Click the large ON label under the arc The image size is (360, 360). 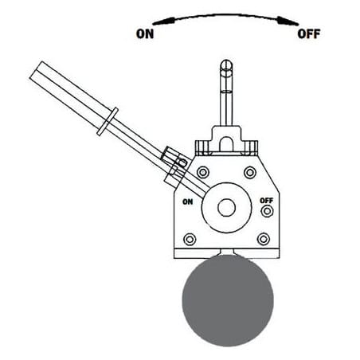click(x=145, y=34)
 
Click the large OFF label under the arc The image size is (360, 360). click(x=309, y=34)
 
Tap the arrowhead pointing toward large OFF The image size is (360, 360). click(x=288, y=21)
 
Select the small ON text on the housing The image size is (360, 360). click(x=188, y=202)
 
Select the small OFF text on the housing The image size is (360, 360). click(x=267, y=201)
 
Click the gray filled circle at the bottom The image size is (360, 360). click(x=228, y=300)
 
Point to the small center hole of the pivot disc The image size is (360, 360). click(x=226, y=208)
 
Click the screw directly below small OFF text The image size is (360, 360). click(x=267, y=211)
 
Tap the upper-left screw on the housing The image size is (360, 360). click(x=203, y=172)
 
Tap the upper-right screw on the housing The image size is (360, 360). click(x=250, y=172)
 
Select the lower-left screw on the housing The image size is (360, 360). click(x=190, y=239)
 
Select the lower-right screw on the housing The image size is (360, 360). click(x=264, y=239)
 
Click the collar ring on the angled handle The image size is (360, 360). click(x=108, y=122)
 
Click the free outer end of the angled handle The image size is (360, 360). click(x=36, y=70)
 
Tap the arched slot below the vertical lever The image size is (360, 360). click(x=226, y=144)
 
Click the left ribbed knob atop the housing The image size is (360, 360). click(x=204, y=148)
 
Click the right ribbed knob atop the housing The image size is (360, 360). click(x=249, y=148)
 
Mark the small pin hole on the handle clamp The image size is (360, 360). click(x=182, y=162)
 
